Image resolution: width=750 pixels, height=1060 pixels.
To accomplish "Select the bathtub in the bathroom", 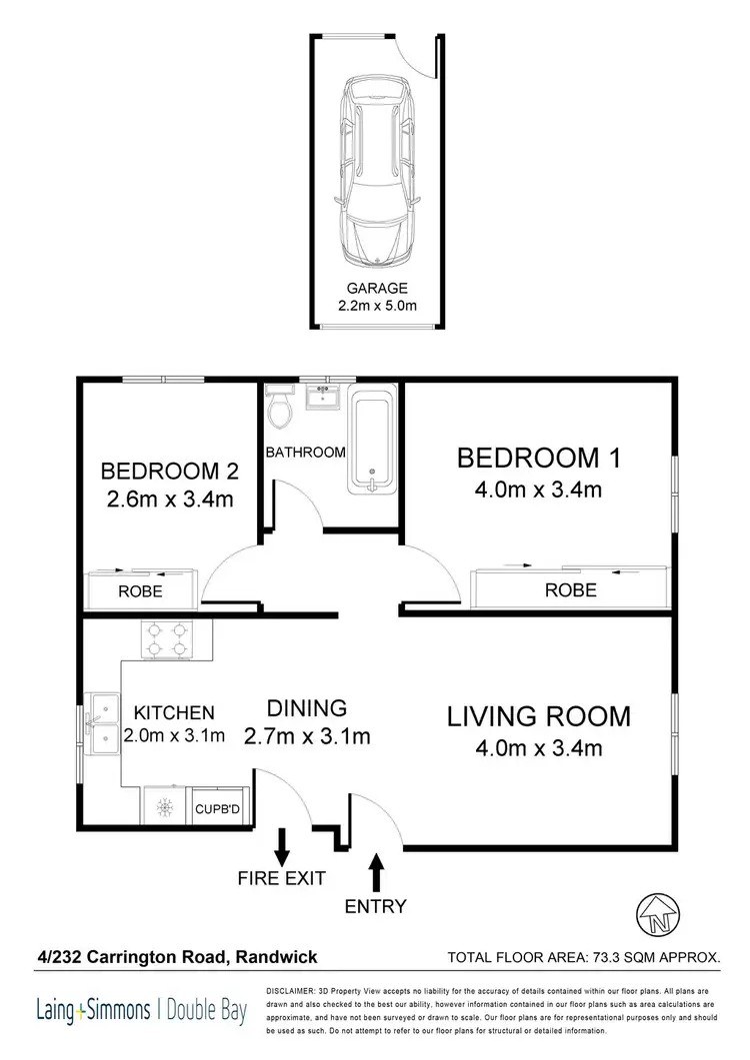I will (x=372, y=441).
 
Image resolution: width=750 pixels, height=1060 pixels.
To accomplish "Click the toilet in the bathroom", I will (x=280, y=408).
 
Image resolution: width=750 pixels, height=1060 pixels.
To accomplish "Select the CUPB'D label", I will (x=215, y=808).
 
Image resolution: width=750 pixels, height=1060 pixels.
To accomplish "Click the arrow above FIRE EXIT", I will (x=282, y=846).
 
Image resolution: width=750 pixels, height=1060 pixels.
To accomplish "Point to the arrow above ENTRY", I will (x=377, y=871).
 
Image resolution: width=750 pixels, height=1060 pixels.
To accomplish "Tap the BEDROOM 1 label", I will (x=539, y=459).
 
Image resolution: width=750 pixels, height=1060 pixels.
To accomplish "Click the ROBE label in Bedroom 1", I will (x=570, y=590).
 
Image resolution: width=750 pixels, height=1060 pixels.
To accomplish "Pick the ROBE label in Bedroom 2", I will (x=140, y=591).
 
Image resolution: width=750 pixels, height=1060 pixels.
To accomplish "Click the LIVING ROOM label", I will (x=538, y=716).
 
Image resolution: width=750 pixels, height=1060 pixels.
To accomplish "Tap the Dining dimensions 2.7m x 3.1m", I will (x=307, y=737).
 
